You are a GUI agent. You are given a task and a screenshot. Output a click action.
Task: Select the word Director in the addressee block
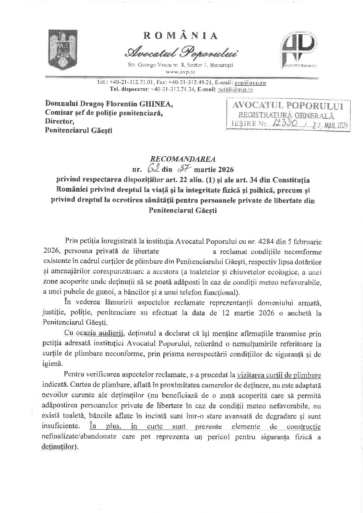[x=58, y=121]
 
